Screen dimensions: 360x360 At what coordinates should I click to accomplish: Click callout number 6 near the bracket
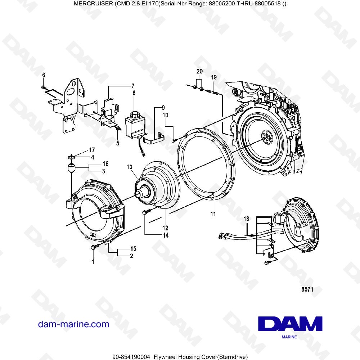pyautogui.click(x=44, y=75)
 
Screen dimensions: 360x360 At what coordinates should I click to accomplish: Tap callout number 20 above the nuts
pyautogui.click(x=199, y=72)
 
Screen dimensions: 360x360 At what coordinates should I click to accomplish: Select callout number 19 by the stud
pyautogui.click(x=213, y=77)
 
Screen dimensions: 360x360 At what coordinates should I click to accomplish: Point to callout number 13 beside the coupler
pyautogui.click(x=130, y=167)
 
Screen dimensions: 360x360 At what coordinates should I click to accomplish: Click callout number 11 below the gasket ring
pyautogui.click(x=213, y=214)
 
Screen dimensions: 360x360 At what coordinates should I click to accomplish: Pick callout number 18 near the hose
pyautogui.click(x=246, y=219)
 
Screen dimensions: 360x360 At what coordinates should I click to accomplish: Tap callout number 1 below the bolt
pyautogui.click(x=93, y=262)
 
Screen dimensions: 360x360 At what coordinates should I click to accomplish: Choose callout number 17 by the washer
pyautogui.click(x=92, y=149)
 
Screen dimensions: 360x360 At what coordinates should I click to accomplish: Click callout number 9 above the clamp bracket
pyautogui.click(x=163, y=108)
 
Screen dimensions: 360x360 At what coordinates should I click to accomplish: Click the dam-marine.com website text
pyautogui.click(x=73, y=324)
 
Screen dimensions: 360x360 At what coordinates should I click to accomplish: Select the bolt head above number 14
pyautogui.click(x=146, y=212)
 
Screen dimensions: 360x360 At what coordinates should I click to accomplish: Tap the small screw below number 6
pyautogui.click(x=43, y=87)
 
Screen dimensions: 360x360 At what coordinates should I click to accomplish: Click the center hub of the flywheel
pyautogui.click(x=265, y=137)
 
